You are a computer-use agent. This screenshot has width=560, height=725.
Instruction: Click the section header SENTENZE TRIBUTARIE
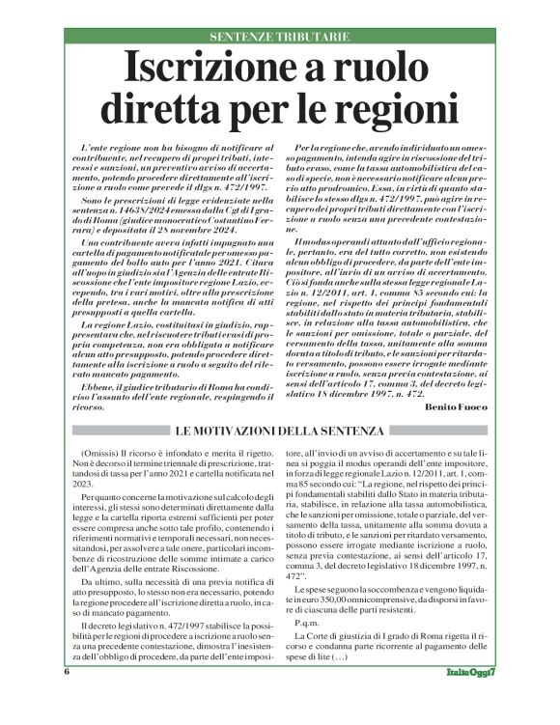coord(279,36)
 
